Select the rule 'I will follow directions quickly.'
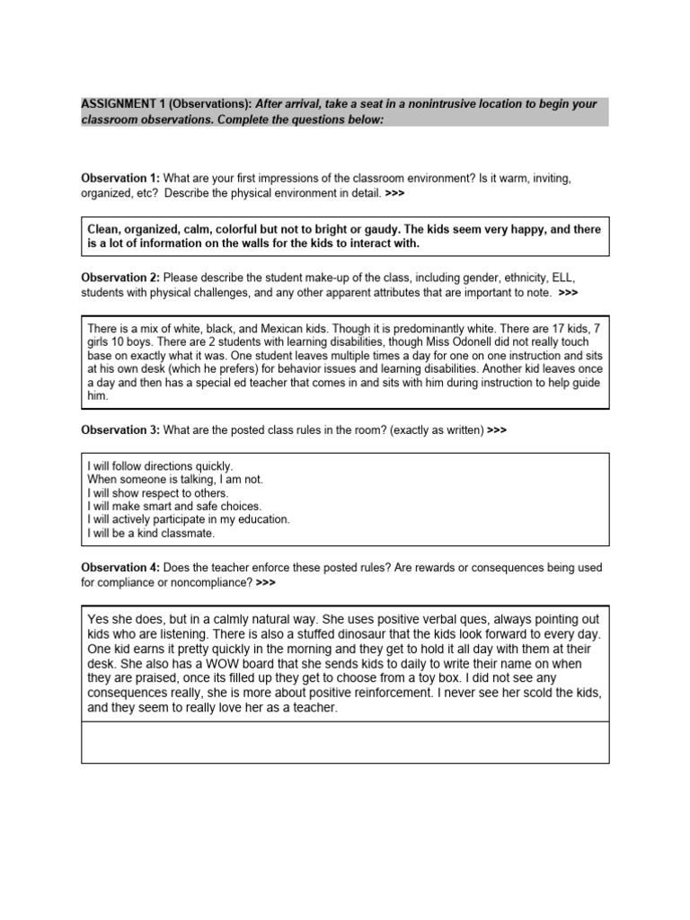pos(160,466)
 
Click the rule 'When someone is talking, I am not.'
pos(175,480)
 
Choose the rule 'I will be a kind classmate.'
pos(152,533)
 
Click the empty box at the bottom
pos(345,743)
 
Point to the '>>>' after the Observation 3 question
pos(497,430)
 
